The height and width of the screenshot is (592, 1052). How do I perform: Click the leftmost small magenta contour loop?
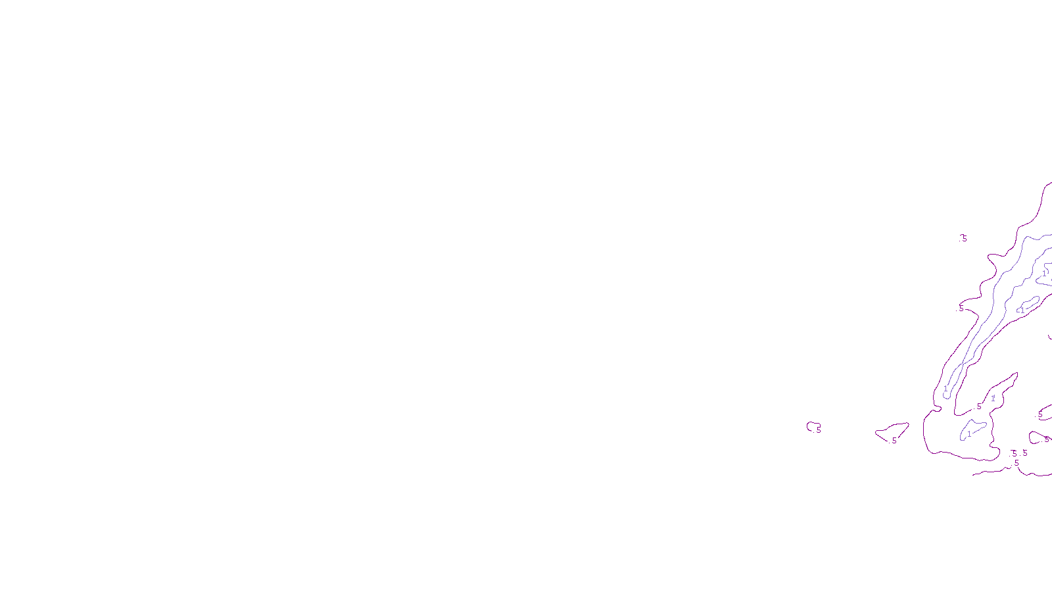coord(813,426)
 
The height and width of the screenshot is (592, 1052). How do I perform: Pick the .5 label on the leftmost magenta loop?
coord(818,431)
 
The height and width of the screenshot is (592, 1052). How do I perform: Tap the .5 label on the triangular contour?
coord(894,441)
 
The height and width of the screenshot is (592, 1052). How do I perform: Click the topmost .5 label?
coord(964,238)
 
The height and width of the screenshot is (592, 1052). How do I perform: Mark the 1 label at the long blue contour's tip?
coord(945,389)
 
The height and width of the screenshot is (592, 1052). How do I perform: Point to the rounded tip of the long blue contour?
coord(947,396)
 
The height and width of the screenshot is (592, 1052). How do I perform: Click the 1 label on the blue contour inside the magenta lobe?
coord(968,434)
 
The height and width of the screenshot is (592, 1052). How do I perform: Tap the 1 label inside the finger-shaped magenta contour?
coord(993,398)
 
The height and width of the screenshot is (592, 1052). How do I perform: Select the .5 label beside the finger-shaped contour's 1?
coord(978,407)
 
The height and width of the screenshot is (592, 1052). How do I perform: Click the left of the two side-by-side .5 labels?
coord(1014,453)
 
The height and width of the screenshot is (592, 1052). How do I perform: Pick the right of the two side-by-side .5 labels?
coord(1024,453)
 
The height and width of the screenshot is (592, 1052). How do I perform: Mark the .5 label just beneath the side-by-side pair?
coord(1016,463)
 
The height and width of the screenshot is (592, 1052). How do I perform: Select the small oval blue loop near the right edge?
coord(1029,305)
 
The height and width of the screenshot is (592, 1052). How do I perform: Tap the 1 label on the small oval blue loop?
coord(1022,310)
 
